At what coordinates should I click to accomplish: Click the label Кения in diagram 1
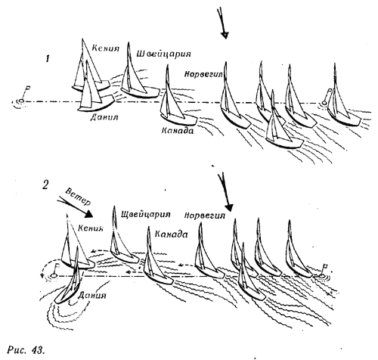point(105,48)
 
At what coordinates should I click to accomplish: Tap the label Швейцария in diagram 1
point(163,54)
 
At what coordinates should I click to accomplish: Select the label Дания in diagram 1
point(104,116)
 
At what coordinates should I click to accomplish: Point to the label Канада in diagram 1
point(178,130)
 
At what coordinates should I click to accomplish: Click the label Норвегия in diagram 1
point(203,74)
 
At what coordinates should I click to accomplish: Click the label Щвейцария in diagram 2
point(146,215)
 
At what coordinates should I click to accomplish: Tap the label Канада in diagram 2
point(171,234)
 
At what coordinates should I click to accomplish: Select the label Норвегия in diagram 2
point(205,216)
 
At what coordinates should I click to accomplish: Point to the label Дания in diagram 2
point(92,295)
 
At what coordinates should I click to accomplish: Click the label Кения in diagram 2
point(91,228)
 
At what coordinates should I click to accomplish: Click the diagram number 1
point(48,59)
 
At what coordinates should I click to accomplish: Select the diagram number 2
point(45,185)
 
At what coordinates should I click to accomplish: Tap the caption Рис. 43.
point(26,350)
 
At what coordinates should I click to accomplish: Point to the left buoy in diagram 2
point(54,275)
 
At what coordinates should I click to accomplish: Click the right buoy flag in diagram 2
point(325,266)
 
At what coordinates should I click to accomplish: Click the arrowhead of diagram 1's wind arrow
point(225,36)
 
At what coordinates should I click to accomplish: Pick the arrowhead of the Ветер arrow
point(88,214)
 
